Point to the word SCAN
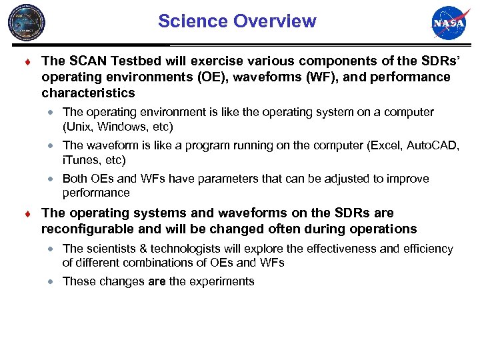coord(85,61)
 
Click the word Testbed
coord(135,61)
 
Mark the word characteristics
coord(88,93)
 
